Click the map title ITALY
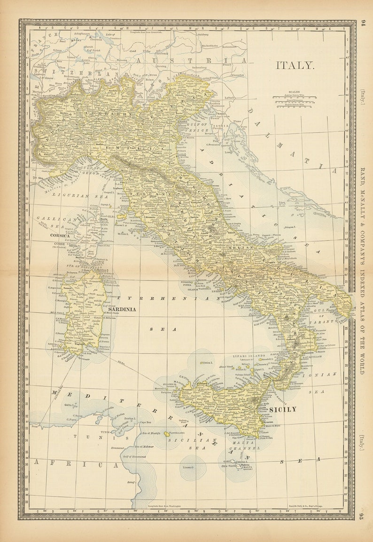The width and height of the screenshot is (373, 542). pyautogui.click(x=295, y=65)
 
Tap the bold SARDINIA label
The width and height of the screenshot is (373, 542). pyautogui.click(x=122, y=309)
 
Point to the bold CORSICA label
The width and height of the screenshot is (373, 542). pyautogui.click(x=60, y=236)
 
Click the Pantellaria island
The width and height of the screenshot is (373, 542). pyautogui.click(x=167, y=434)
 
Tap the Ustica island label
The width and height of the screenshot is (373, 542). pyautogui.click(x=207, y=363)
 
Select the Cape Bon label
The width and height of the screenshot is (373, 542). pyautogui.click(x=145, y=422)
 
